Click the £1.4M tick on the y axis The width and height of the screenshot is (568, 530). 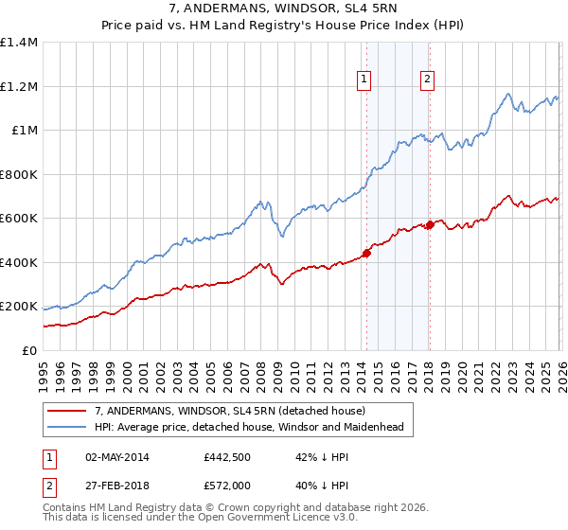19,43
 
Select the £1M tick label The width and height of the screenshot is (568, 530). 24,131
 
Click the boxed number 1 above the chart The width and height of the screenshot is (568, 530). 365,80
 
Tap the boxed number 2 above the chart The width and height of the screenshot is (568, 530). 428,80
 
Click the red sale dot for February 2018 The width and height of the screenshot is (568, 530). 430,224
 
